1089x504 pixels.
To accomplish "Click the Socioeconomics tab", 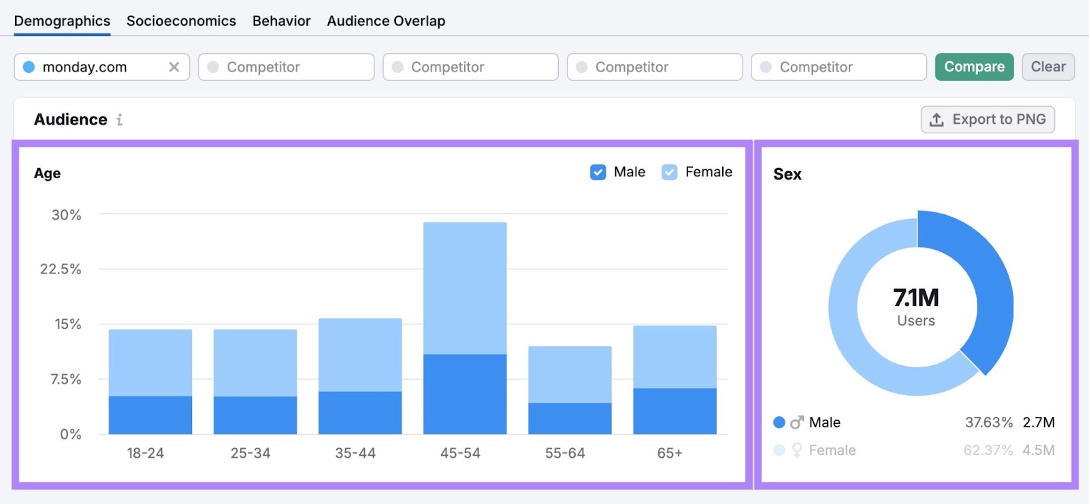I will click(181, 21).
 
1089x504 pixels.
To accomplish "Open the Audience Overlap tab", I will click(386, 21).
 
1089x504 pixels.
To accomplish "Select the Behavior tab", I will click(281, 21).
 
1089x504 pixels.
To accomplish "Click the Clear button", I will click(1047, 67).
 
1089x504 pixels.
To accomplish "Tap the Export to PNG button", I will click(988, 120).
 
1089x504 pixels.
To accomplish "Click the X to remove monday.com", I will click(174, 67).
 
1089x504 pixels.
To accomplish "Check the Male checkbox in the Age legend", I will click(598, 172).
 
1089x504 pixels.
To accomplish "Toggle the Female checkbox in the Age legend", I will click(670, 172).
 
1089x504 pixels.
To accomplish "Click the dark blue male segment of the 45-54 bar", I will click(465, 394).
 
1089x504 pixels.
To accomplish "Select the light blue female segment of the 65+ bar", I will click(674, 357).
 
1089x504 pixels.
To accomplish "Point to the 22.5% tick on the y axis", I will click(61, 269).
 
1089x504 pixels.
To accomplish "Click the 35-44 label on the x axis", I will click(355, 453).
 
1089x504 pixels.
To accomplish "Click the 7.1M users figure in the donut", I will click(916, 298).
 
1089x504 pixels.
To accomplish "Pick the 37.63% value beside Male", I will click(988, 422).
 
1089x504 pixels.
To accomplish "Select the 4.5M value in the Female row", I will click(1038, 450).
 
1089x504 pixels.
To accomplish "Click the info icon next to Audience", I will click(120, 120).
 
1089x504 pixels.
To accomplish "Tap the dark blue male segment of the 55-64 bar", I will click(570, 418).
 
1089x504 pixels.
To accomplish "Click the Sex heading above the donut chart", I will click(787, 174).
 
